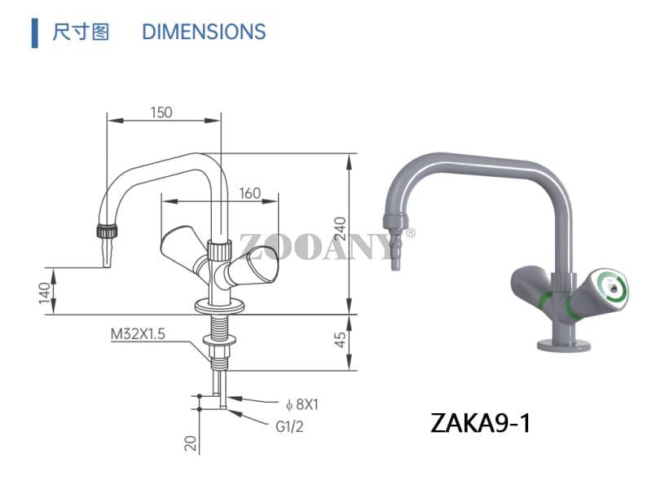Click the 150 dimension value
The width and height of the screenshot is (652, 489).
pos(161,112)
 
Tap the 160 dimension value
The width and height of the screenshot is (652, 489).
pos(249,193)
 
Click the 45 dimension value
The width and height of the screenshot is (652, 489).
pos(341,338)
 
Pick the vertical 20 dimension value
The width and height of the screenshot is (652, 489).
pos(189,443)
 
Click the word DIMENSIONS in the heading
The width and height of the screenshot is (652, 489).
pos(204,32)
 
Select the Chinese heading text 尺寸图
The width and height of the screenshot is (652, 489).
pos(81,32)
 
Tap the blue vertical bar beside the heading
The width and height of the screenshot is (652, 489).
pos(34,32)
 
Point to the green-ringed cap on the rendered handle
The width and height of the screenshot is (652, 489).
pos(610,287)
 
